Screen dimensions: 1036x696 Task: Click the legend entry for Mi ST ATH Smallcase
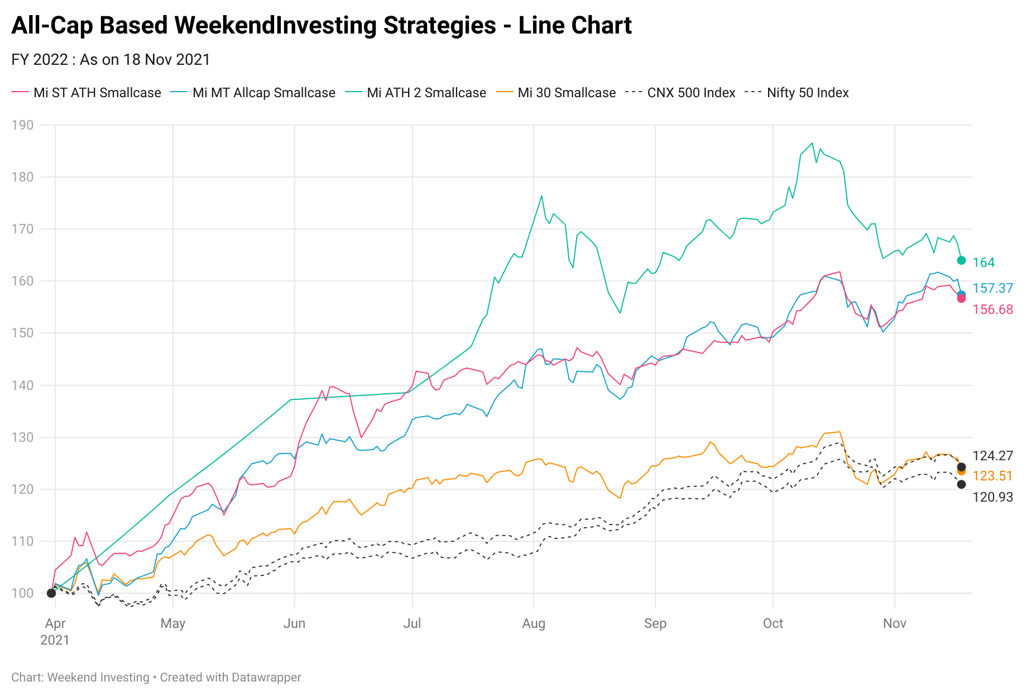point(87,93)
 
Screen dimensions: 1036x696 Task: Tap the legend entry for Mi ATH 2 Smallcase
point(415,93)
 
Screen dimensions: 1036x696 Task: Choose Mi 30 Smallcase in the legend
point(556,93)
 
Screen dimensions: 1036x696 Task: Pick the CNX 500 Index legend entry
point(680,93)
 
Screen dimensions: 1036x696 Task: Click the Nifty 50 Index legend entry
point(797,93)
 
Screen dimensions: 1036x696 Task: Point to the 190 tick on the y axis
point(22,125)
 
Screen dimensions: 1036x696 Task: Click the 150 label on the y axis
point(22,333)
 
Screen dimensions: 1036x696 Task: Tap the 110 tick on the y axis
point(22,541)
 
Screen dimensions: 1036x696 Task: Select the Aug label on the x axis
point(534,623)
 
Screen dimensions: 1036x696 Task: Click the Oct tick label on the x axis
point(773,623)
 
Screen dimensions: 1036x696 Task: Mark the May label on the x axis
point(173,623)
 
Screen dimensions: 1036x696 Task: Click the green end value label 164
point(984,263)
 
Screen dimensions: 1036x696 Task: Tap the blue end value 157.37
point(993,288)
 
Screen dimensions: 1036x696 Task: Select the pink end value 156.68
point(993,309)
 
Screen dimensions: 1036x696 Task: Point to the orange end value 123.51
point(993,476)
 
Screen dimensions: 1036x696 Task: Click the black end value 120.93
point(993,497)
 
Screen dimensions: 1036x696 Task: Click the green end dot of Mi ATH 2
point(962,260)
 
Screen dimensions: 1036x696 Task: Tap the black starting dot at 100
point(51,593)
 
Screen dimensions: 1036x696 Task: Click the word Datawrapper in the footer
point(266,678)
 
